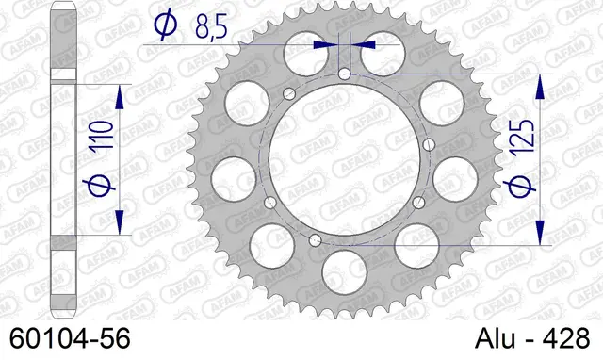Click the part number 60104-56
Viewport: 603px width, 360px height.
click(70, 339)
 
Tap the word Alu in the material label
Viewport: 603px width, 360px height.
click(495, 339)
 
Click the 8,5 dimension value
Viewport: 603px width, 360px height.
click(211, 27)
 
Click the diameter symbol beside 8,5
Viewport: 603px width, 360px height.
click(166, 24)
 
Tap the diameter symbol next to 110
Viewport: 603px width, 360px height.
click(99, 184)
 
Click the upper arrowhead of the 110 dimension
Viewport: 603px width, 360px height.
click(120, 97)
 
